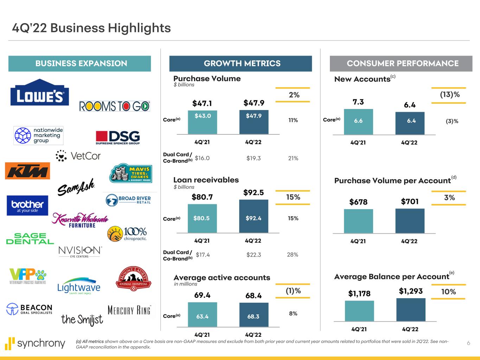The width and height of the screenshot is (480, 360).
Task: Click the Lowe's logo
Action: [40, 92]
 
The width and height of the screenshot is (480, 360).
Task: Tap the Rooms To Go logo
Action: [115, 106]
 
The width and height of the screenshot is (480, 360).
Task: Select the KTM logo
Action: [27, 171]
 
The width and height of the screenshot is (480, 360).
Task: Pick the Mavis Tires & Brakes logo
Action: [130, 173]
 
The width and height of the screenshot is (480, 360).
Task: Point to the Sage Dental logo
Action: [30, 238]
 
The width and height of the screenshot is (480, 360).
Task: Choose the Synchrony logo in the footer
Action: [35, 343]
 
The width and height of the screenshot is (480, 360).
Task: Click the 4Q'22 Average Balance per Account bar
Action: [411, 310]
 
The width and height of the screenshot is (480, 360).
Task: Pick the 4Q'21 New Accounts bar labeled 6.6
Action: [358, 122]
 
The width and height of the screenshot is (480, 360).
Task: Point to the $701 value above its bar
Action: [410, 201]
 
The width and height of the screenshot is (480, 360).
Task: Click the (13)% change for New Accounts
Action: [450, 95]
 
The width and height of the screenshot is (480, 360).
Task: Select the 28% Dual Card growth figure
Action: [293, 255]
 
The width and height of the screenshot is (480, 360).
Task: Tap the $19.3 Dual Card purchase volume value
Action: [254, 158]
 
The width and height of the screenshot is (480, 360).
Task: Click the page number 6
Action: [468, 343]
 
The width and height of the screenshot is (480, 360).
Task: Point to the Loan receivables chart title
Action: [206, 180]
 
